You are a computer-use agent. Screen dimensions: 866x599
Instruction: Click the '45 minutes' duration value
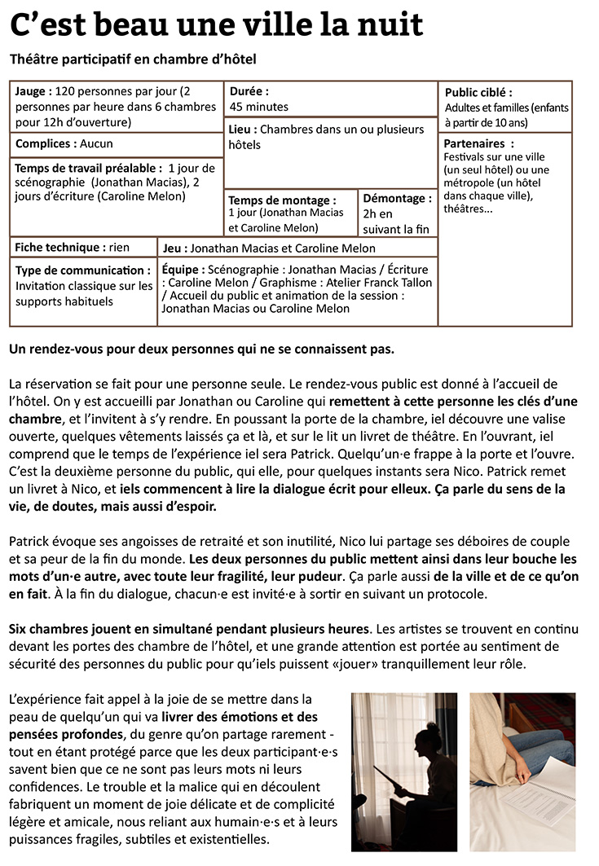(258, 107)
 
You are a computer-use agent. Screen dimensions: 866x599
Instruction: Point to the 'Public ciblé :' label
(478, 93)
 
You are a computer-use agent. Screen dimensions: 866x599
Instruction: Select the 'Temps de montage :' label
(281, 200)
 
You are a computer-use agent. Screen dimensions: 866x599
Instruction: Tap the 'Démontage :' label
(397, 198)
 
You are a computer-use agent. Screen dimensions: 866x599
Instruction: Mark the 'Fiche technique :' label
(59, 247)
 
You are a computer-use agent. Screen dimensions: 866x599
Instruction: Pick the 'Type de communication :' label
(82, 270)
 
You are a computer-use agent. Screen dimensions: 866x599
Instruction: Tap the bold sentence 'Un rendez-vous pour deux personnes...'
(201, 349)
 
